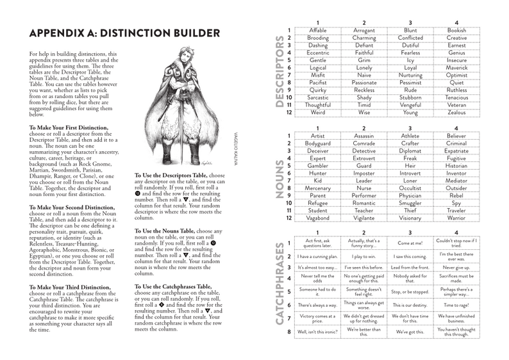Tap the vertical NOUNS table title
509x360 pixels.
[x=280, y=176]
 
